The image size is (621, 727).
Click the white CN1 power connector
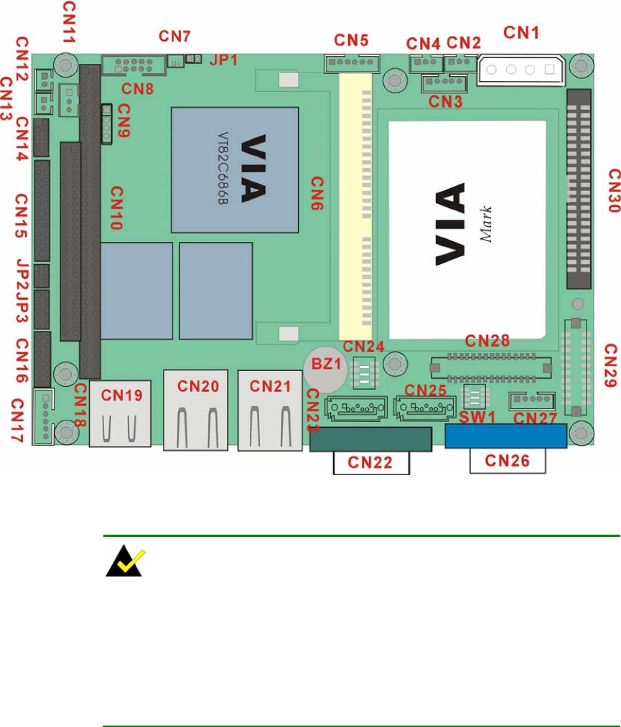tap(518, 70)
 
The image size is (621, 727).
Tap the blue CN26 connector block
tap(505, 436)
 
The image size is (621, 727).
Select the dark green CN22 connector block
tap(370, 438)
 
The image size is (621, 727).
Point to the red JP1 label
tap(223, 60)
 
